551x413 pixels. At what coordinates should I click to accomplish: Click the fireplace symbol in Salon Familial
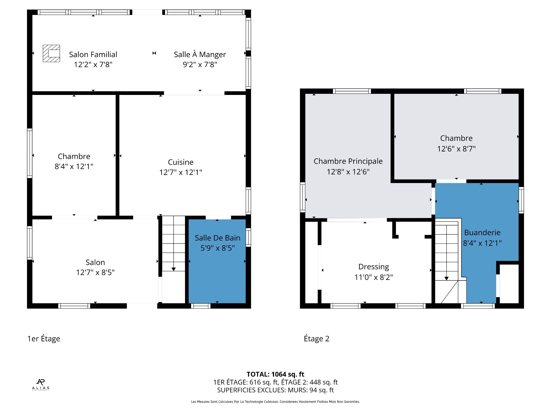coord(51,53)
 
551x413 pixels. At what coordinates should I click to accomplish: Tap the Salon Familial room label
coord(93,54)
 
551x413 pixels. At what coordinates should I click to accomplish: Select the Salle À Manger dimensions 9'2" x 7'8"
coord(200,65)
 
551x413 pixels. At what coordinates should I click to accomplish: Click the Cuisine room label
coord(181,162)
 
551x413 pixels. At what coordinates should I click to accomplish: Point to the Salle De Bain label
coord(218,238)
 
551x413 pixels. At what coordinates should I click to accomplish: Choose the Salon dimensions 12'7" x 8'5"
coord(95,272)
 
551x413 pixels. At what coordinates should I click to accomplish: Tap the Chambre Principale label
coord(348,161)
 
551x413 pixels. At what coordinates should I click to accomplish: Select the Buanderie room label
coord(482,232)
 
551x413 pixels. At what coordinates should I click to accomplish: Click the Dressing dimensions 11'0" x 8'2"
coord(374,277)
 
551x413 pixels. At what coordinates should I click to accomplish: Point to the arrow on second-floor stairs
coord(447,278)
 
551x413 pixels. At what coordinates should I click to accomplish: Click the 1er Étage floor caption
coord(44,339)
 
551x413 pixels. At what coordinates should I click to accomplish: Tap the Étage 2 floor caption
coord(317,339)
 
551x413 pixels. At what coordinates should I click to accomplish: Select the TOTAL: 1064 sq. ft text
coord(275,374)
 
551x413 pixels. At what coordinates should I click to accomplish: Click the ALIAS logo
coord(41,385)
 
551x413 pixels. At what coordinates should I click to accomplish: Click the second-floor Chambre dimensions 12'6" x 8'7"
coord(456,149)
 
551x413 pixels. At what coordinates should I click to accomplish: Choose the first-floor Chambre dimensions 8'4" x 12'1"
coord(74,167)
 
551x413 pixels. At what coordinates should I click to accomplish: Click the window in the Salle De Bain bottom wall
coord(201,306)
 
